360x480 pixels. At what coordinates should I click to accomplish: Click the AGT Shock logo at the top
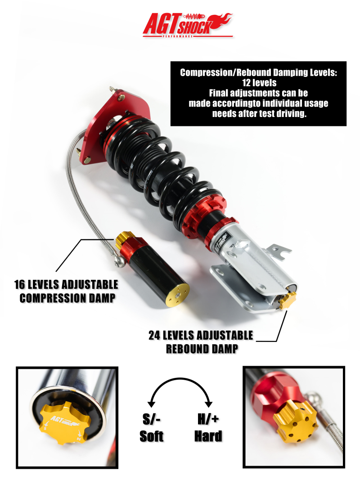tap(187, 25)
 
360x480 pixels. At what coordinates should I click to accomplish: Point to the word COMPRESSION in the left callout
tap(54, 298)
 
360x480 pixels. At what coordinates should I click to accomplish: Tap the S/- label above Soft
tap(152, 420)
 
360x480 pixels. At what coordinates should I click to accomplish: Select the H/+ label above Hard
tap(208, 420)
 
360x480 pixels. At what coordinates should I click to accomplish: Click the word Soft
tap(152, 436)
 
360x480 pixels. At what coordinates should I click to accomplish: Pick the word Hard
tap(208, 436)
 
